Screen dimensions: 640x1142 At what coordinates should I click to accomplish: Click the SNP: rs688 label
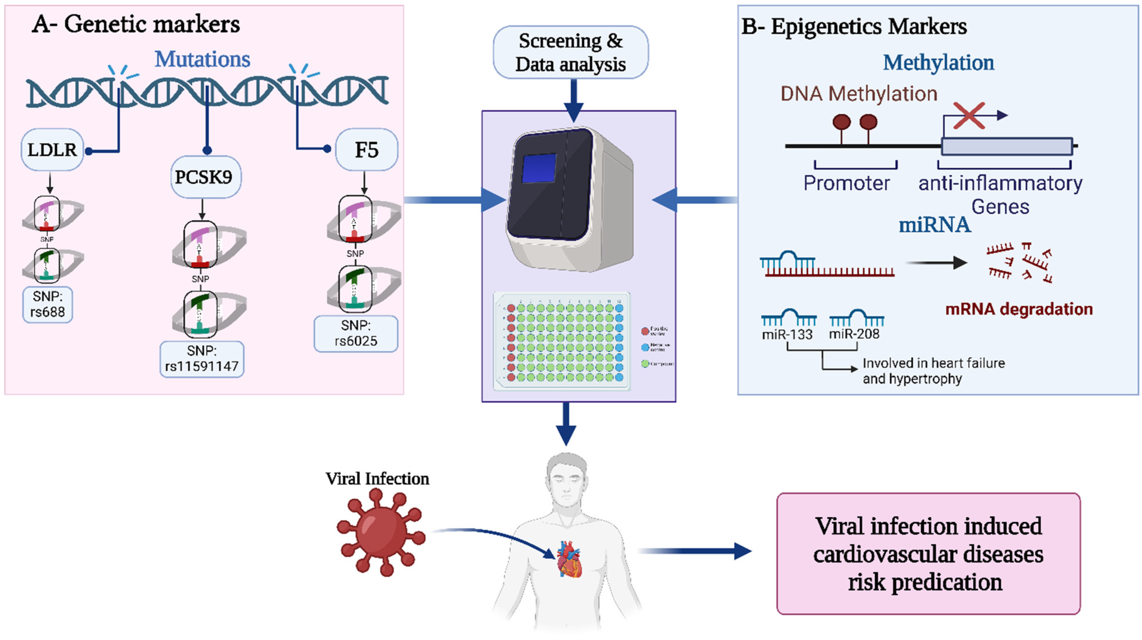point(47,305)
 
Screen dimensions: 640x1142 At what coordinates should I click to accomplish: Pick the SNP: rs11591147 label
point(202,359)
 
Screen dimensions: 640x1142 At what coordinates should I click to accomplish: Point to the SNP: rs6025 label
point(356,333)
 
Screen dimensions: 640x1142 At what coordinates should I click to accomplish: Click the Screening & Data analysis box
point(570,52)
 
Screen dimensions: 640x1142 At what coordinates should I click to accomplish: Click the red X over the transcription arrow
point(969,116)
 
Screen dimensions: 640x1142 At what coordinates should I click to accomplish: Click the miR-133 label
point(787,334)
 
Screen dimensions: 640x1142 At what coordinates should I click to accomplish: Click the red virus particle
point(380,531)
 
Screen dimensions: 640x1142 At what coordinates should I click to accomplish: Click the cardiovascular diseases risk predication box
point(928,554)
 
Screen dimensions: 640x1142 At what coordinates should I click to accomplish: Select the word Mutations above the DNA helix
point(202,59)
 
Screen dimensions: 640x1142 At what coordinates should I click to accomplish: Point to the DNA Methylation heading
point(859,94)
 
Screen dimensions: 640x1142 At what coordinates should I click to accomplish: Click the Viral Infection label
point(377,479)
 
